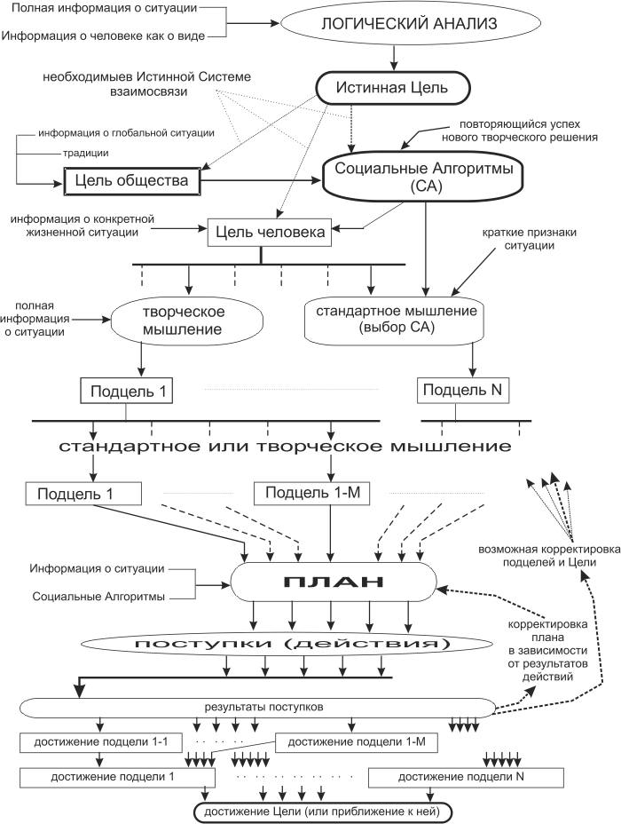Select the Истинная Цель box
coord(392,87)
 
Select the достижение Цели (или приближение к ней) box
coord(323,812)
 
